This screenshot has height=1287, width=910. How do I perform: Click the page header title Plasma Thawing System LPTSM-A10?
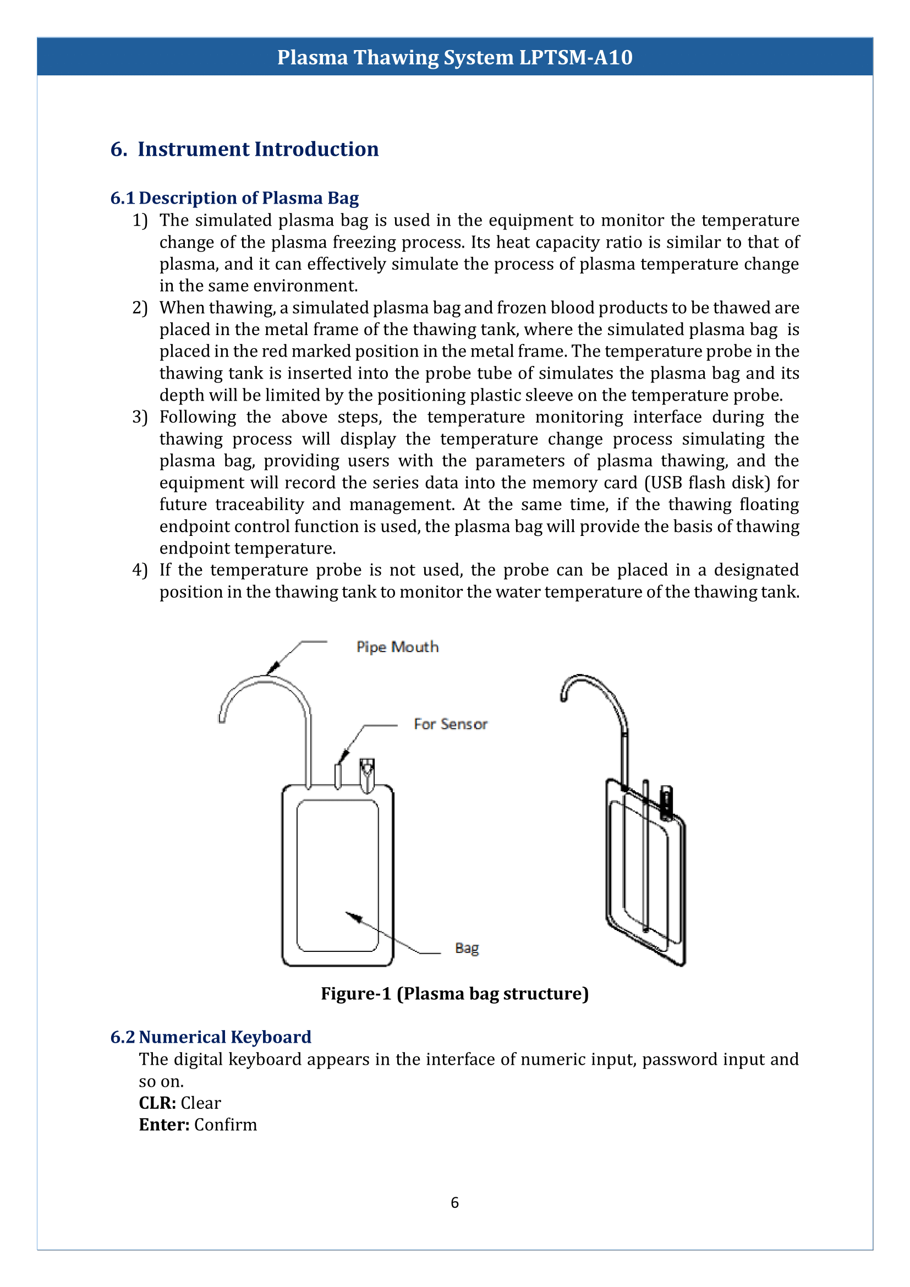(454, 57)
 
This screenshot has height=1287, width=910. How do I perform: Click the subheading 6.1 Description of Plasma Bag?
(234, 198)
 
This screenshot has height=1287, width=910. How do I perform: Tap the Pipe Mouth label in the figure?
(397, 647)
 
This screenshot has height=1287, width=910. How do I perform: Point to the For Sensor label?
(451, 724)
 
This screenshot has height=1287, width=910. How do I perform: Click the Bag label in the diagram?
(467, 948)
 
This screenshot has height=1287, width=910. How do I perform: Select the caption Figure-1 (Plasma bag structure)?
(454, 994)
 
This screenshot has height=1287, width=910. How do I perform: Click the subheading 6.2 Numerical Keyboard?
(211, 1037)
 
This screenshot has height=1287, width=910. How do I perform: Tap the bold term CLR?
(157, 1103)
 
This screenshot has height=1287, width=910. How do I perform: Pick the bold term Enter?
(164, 1125)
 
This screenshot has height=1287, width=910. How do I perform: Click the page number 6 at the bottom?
(454, 1203)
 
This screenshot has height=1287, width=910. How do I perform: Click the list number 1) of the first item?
(140, 220)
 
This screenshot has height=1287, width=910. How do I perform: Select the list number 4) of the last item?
(140, 570)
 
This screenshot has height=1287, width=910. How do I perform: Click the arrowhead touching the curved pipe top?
(273, 667)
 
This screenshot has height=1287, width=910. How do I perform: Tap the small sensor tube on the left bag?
(338, 776)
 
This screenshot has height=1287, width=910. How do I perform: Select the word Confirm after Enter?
(225, 1125)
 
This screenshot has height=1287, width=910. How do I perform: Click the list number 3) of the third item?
(140, 417)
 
